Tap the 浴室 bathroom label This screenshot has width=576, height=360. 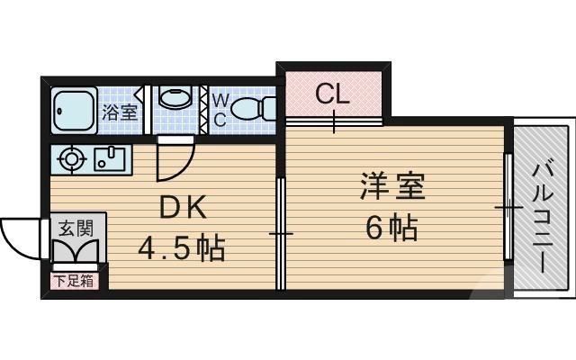pos(119,113)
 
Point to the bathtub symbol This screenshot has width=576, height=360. pos(73,110)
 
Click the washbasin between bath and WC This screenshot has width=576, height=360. pos(175,98)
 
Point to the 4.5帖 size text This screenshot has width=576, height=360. pos(180,246)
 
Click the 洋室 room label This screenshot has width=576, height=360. pos(391,189)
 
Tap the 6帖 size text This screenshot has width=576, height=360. pos(391,229)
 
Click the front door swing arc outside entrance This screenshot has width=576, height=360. pos(20,237)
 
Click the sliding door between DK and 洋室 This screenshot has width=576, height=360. pos(281,234)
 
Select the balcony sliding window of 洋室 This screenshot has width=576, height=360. pos(508,209)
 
